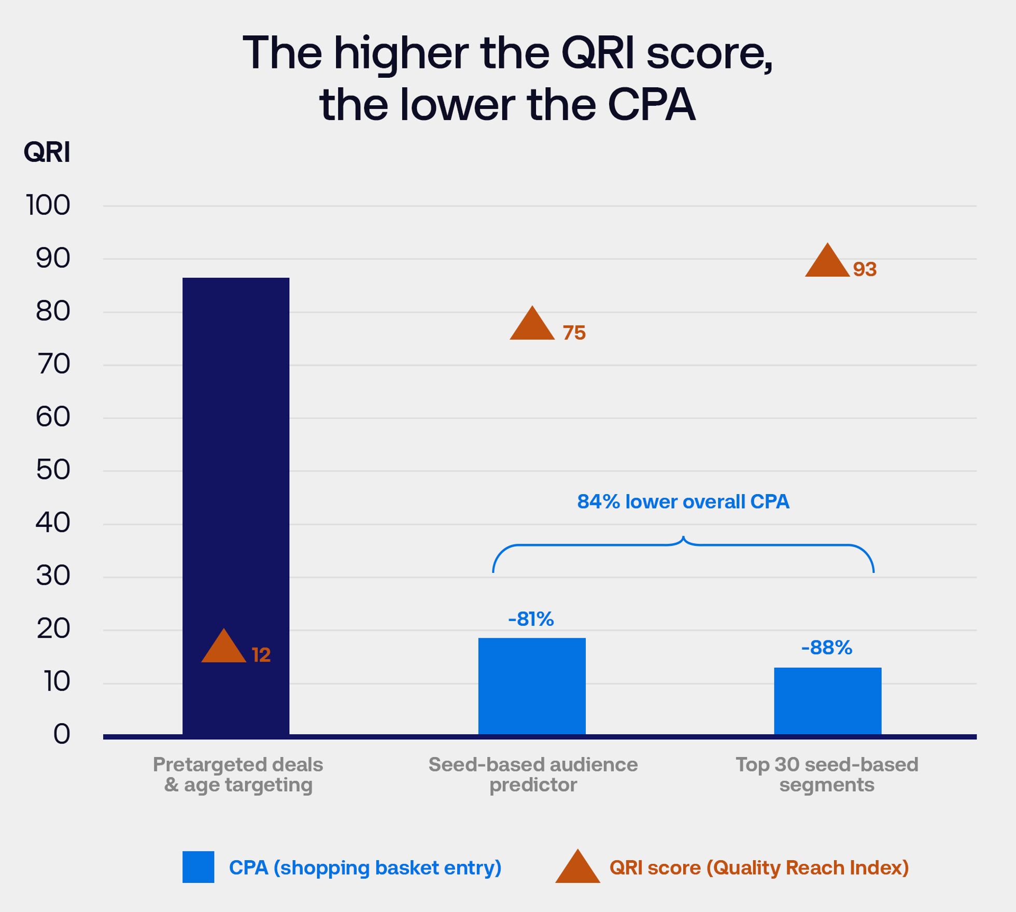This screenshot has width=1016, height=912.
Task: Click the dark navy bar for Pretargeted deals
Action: pos(236,467)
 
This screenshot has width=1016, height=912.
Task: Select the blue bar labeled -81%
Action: pos(532,685)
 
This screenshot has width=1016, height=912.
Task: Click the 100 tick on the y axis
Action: pos(48,205)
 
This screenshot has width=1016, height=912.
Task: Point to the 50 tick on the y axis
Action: pos(53,470)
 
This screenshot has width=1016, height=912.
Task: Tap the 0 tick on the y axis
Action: pos(62,735)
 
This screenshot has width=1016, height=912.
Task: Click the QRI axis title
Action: pos(47,152)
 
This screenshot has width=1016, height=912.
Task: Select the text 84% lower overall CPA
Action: pos(683,501)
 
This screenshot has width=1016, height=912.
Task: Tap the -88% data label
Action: pos(826,648)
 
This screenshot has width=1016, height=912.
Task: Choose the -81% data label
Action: pos(531,619)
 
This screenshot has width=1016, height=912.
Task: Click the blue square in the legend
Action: pos(198,867)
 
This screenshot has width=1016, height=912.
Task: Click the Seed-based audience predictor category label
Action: pos(533,775)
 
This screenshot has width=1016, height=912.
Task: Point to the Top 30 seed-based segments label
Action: pos(827,775)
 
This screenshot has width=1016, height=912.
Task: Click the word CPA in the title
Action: pos(651,105)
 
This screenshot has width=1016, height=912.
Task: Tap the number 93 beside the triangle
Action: pos(865,270)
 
